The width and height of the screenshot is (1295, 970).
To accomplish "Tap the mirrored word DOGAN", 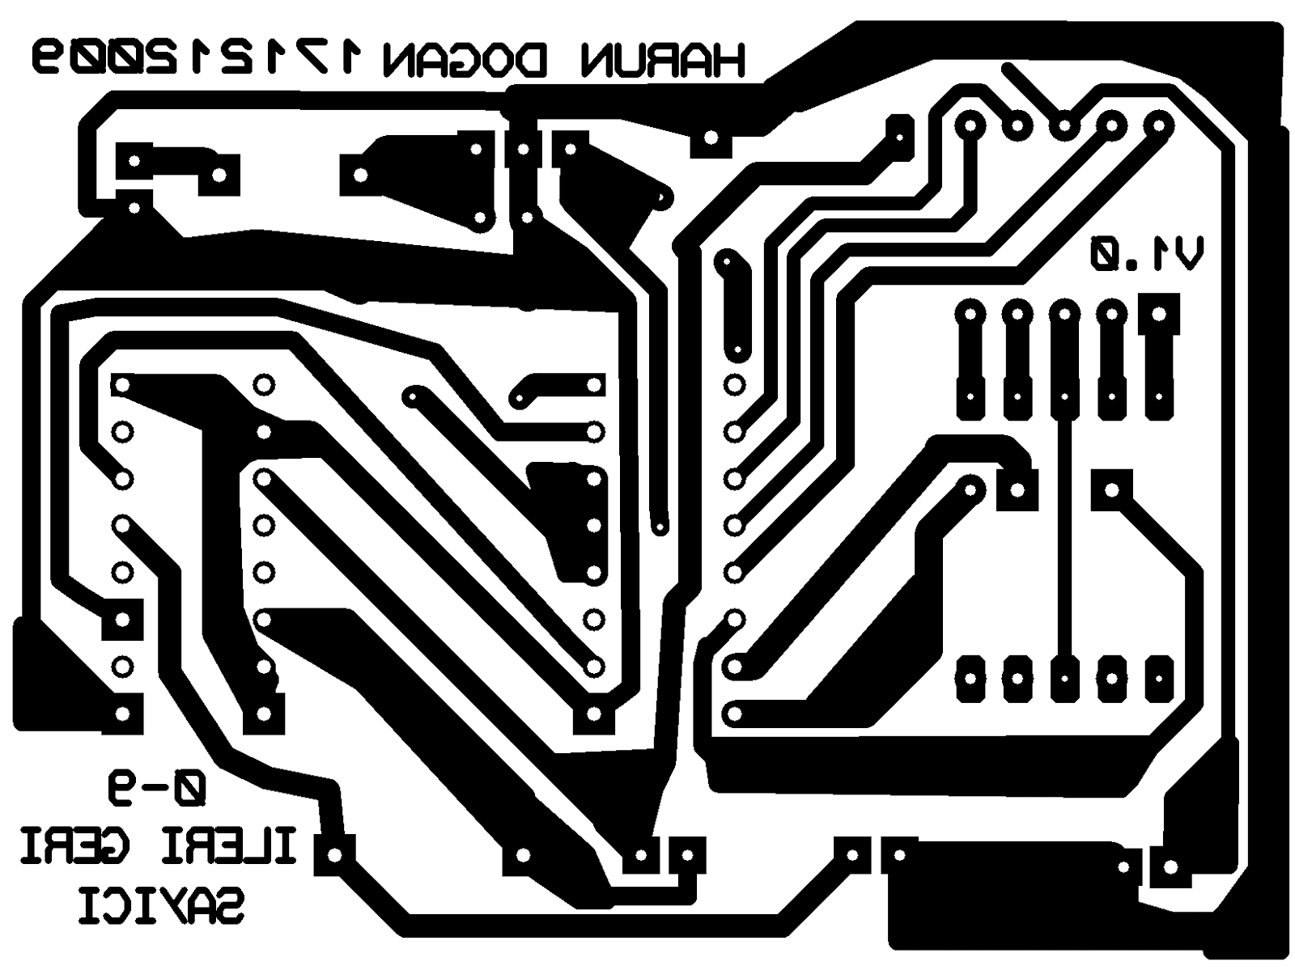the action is point(465,61).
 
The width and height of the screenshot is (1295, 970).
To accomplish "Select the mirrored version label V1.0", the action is point(1146,256).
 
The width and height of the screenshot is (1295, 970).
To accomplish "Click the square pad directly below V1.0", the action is point(1158,313).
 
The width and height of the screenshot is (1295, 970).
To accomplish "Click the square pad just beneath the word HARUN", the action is point(711,138).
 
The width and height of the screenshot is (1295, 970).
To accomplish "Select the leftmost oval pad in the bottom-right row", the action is point(970,678).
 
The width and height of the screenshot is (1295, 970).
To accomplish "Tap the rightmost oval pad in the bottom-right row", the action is point(1159,678).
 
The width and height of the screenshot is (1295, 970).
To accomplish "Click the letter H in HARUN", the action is point(726,61).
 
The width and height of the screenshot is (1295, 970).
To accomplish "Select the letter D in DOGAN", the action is point(530,61).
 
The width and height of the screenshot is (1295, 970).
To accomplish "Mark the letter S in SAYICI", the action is point(227,905).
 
